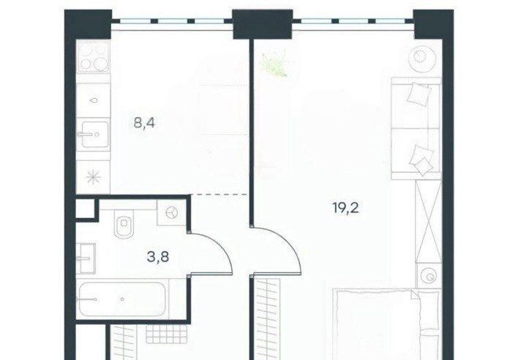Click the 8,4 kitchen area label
(x=144, y=123)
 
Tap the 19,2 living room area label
(x=345, y=208)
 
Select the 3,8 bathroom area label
(x=158, y=257)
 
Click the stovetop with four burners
(x=94, y=56)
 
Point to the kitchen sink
(x=94, y=134)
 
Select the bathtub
(x=122, y=299)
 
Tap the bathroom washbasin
(x=86, y=258)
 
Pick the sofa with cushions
(x=416, y=128)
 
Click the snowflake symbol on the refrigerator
(x=94, y=177)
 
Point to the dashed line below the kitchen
(x=220, y=195)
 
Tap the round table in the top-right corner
(x=421, y=58)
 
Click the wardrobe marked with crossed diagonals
(x=429, y=221)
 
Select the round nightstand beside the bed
(x=429, y=277)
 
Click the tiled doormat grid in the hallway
(x=166, y=334)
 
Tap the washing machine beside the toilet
(x=171, y=212)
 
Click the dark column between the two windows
(x=263, y=24)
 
